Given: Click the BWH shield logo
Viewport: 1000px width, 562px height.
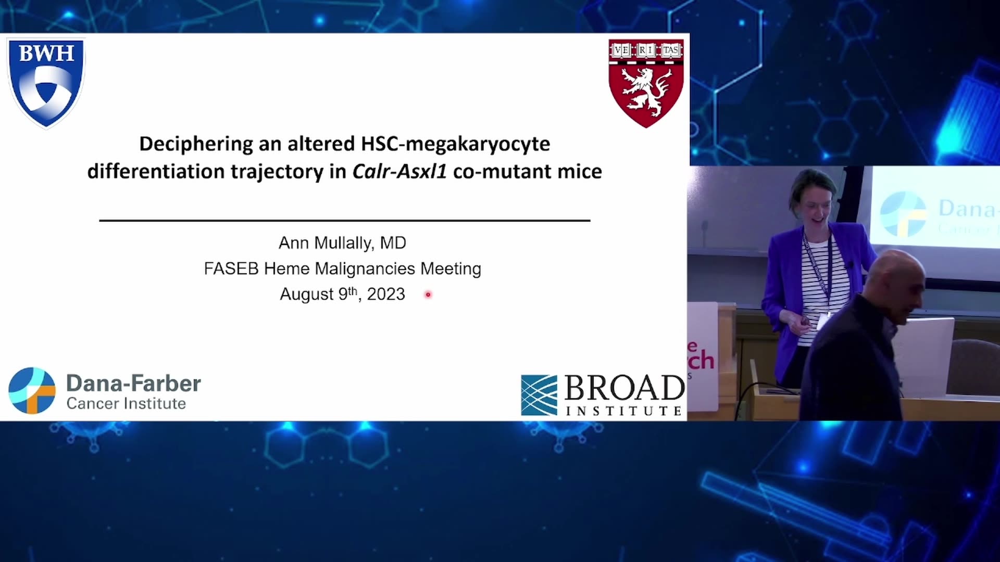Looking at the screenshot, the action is tap(46, 83).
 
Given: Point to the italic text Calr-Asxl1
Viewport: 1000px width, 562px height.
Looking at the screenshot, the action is tap(399, 171).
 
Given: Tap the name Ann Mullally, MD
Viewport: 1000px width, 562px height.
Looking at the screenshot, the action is tap(342, 243).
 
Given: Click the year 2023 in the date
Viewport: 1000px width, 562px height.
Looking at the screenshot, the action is tap(386, 294).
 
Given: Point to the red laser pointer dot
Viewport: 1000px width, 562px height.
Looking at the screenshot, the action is tap(428, 295).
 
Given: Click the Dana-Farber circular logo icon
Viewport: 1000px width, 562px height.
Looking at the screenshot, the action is tap(32, 391).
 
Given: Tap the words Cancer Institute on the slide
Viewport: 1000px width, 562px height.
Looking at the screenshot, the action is tap(126, 404).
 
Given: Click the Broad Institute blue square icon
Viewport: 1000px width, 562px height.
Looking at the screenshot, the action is tap(539, 395).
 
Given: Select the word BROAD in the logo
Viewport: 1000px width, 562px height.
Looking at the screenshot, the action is tap(624, 388).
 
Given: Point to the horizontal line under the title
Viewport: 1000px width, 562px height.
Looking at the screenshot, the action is tap(344, 221).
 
